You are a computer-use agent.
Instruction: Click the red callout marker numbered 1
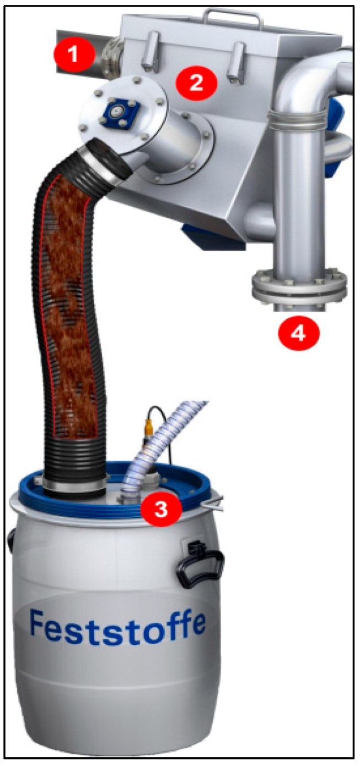coord(74,54)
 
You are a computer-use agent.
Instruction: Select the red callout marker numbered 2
coord(196,83)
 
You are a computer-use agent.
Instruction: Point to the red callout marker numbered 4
coord(299,333)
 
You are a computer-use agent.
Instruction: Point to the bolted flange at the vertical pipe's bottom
coord(299,286)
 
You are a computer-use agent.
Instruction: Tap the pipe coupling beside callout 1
coord(111,57)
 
